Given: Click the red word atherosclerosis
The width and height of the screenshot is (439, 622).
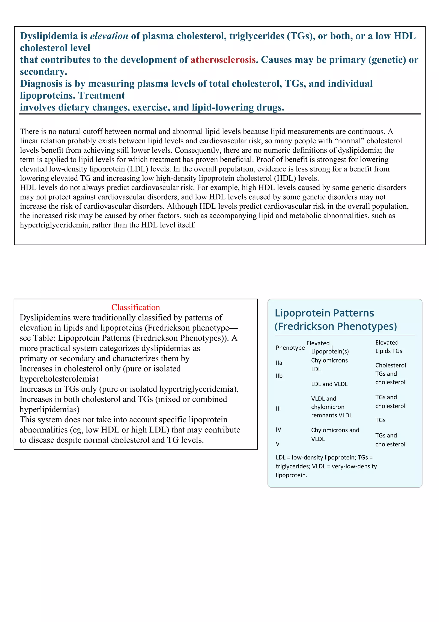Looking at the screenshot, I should (x=223, y=60).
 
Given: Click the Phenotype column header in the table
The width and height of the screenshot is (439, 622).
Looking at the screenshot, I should (x=290, y=347).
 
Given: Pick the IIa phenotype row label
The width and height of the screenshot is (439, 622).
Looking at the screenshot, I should (x=279, y=363).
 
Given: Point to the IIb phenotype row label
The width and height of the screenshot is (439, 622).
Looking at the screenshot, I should (x=279, y=376).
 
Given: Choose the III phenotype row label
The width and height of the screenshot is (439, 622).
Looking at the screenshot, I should (x=278, y=408).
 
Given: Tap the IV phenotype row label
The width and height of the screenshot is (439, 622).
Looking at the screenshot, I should (x=278, y=430).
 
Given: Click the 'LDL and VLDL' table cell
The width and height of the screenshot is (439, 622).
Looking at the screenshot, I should (x=329, y=384).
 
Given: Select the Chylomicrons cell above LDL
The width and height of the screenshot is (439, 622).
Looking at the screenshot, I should (x=329, y=360).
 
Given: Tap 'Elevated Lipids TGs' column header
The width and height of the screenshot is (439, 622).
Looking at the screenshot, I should (x=388, y=347).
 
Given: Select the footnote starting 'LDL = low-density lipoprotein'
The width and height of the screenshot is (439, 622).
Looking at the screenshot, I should (x=326, y=466).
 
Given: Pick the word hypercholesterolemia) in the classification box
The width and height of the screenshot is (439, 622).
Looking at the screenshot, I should (x=59, y=379).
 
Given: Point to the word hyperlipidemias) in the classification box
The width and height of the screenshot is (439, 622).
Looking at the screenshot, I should (x=50, y=409).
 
